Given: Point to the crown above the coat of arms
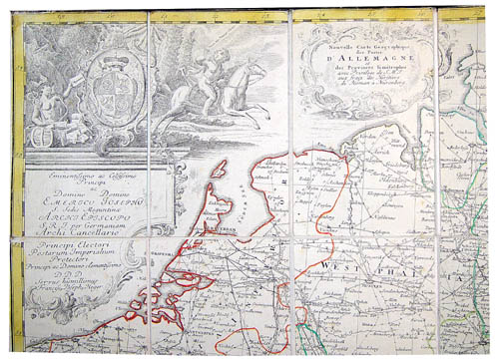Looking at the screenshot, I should tap(105, 43).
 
